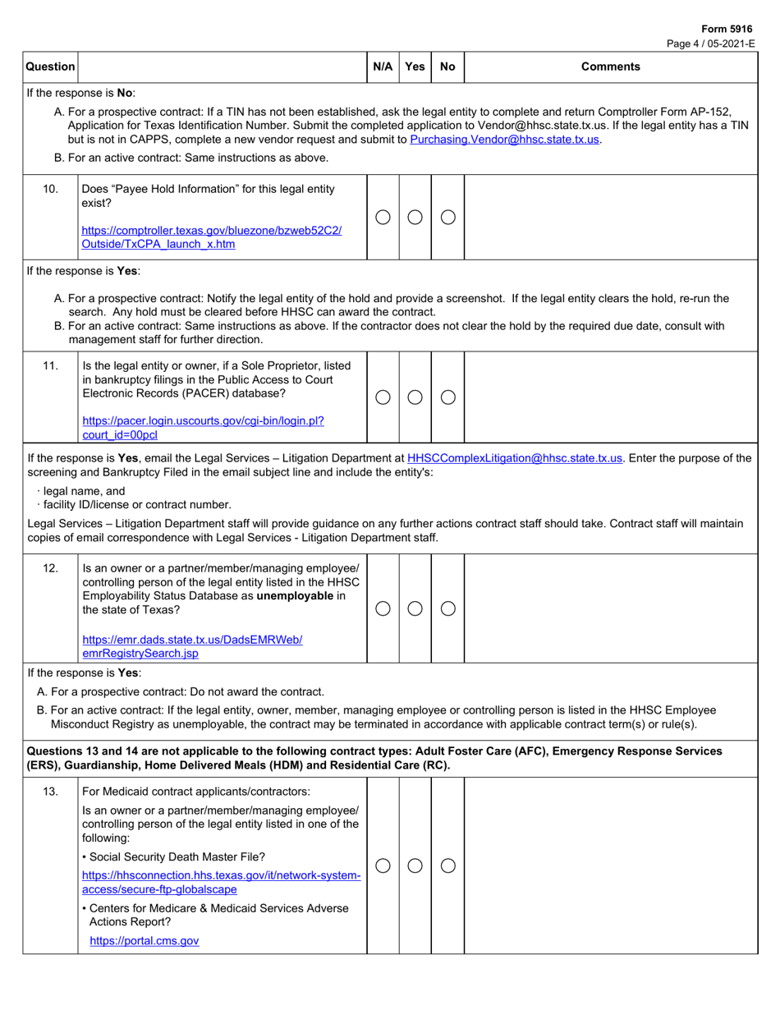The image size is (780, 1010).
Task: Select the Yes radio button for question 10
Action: click(x=415, y=217)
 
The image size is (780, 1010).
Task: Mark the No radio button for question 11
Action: click(x=447, y=397)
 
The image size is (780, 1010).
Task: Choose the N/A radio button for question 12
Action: click(x=383, y=608)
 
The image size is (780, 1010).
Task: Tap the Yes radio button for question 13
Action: click(x=415, y=865)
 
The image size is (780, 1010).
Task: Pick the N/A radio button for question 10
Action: click(x=383, y=217)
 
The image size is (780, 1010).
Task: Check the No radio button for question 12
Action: click(x=447, y=608)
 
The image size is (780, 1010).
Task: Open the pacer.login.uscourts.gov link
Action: click(x=203, y=427)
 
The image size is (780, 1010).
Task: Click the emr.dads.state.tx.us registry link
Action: click(x=193, y=646)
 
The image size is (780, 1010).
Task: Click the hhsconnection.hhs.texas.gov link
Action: click(x=222, y=882)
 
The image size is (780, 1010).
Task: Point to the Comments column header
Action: click(x=610, y=67)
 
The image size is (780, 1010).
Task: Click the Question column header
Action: click(x=50, y=67)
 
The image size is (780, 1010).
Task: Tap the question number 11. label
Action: click(x=50, y=365)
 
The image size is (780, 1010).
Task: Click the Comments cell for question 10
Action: click(x=610, y=217)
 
